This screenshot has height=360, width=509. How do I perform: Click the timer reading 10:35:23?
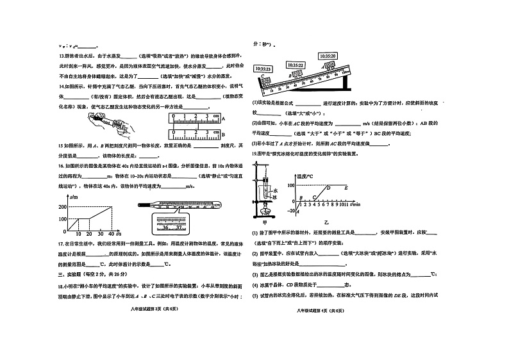pos(263,68)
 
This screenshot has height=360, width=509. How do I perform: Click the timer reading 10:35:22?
pos(295,65)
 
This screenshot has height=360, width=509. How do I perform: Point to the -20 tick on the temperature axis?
pos(291,211)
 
